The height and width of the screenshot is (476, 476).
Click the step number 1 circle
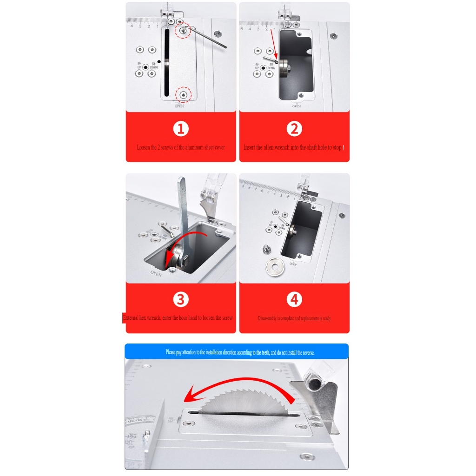pyautogui.click(x=181, y=129)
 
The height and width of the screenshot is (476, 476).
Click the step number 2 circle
pyautogui.click(x=294, y=129)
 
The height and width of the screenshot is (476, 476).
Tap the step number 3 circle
pyautogui.click(x=181, y=300)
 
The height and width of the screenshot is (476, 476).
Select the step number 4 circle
pyautogui.click(x=294, y=300)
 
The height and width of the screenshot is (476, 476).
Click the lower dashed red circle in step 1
pyautogui.click(x=183, y=95)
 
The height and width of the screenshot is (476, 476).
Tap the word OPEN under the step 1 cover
pyautogui.click(x=179, y=106)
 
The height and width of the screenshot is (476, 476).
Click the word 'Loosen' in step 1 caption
pyautogui.click(x=143, y=147)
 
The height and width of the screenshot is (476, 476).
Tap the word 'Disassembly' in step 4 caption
pyautogui.click(x=267, y=318)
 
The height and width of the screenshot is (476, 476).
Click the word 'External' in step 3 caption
pyautogui.click(x=131, y=318)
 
